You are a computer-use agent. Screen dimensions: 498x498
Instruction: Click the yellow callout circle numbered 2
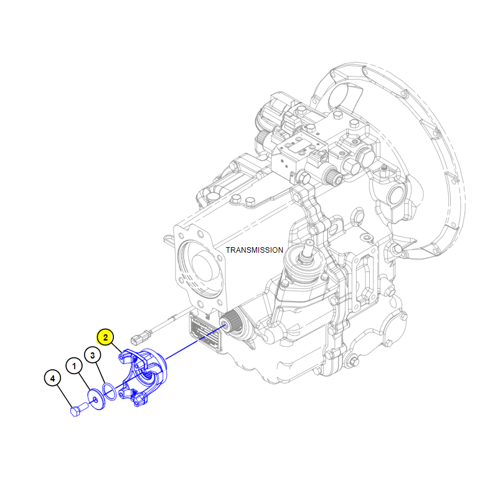pyautogui.click(x=105, y=337)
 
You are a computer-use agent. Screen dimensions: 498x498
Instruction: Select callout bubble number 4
pyautogui.click(x=53, y=378)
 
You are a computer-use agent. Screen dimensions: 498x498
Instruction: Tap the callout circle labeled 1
pyautogui.click(x=74, y=366)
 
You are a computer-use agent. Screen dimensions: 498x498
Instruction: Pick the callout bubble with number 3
pyautogui.click(x=92, y=355)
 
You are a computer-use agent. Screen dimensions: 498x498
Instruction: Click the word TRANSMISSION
pyautogui.click(x=255, y=250)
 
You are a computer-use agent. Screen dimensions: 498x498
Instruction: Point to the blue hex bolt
pyautogui.click(x=78, y=410)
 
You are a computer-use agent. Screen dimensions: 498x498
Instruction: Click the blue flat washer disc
pyautogui.click(x=96, y=399)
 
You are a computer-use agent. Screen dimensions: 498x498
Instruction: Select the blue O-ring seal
pyautogui.click(x=110, y=392)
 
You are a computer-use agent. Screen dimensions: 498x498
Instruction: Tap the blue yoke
pyautogui.click(x=143, y=377)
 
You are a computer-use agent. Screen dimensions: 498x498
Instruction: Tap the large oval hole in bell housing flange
pyautogui.click(x=343, y=95)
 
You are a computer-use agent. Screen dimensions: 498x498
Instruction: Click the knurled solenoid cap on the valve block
pyautogui.click(x=332, y=177)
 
